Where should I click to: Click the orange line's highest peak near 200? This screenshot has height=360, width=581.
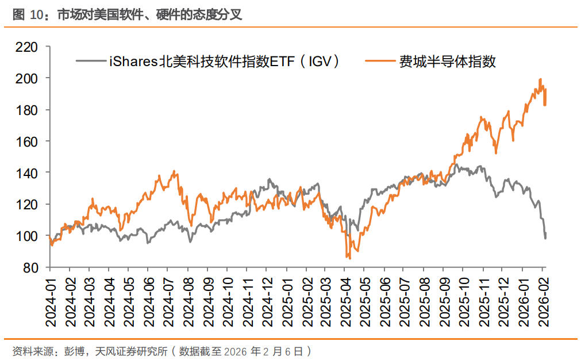coord(540,79)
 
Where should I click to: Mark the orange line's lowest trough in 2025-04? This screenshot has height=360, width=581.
coord(348,258)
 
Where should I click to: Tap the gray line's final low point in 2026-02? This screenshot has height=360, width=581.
coord(545,238)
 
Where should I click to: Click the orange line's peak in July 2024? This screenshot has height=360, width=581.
coord(174,171)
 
